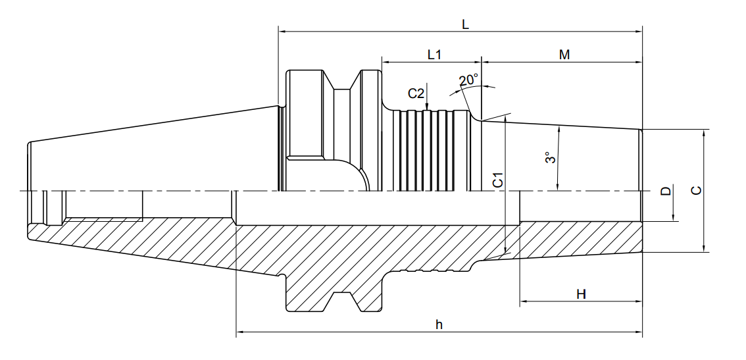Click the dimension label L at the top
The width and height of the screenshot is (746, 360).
click(465, 24)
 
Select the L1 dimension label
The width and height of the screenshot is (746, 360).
click(434, 54)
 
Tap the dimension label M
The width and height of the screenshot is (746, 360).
click(564, 54)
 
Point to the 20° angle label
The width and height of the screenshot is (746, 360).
click(468, 80)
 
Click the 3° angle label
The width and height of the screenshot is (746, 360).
click(551, 157)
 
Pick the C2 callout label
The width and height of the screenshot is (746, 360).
click(416, 94)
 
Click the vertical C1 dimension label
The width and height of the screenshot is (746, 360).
click(497, 180)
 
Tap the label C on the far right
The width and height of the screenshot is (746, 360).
click(696, 190)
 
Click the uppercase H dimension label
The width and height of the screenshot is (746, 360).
click(581, 294)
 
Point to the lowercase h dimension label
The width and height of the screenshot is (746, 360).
click(439, 324)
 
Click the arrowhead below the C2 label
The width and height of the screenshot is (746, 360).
click(427, 106)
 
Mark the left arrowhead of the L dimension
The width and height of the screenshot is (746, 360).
click(283, 32)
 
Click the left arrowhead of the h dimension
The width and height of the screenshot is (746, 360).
click(241, 331)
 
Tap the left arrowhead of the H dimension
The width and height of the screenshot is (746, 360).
click(524, 301)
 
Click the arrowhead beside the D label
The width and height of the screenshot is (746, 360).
click(674, 217)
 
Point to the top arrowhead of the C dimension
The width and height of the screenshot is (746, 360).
click(704, 134)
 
